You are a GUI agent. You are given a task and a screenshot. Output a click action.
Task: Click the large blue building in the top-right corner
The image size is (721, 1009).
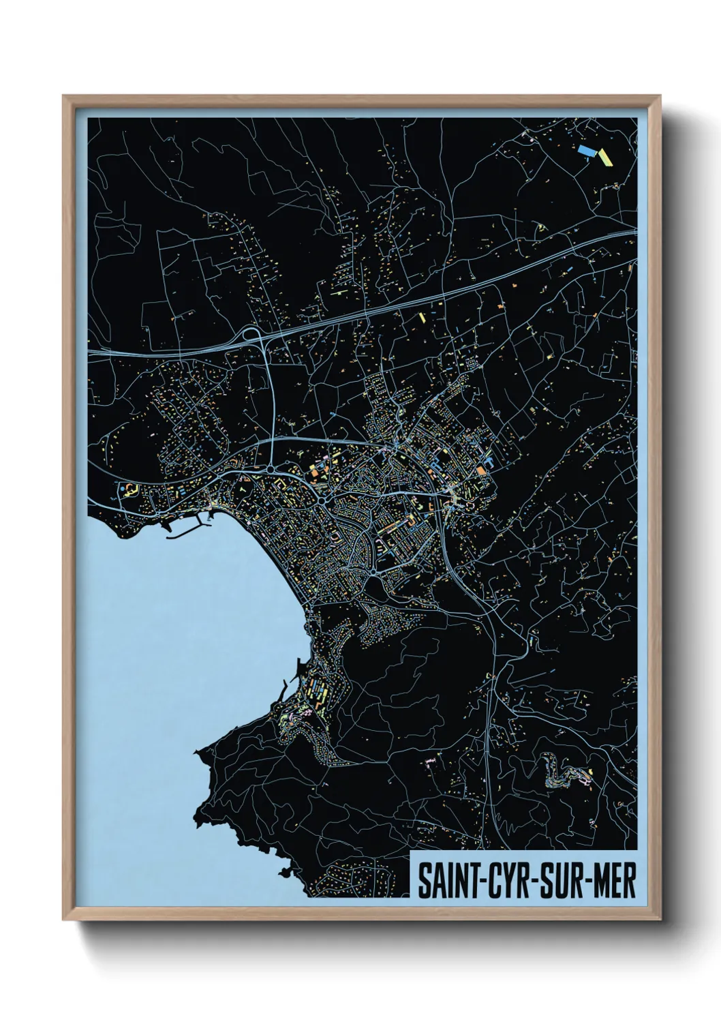coord(585,149)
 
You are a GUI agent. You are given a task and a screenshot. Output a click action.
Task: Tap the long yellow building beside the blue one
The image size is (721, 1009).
coord(605,157)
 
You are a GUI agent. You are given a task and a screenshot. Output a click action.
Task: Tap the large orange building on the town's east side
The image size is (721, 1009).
coord(482,470)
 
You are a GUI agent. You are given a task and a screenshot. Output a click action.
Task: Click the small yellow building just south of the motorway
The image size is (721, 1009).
coord(421,317)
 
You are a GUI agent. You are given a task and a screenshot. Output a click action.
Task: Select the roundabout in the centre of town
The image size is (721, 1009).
coord(321,502)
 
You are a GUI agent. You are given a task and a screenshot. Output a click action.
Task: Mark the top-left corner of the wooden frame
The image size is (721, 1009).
coord(64,96)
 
